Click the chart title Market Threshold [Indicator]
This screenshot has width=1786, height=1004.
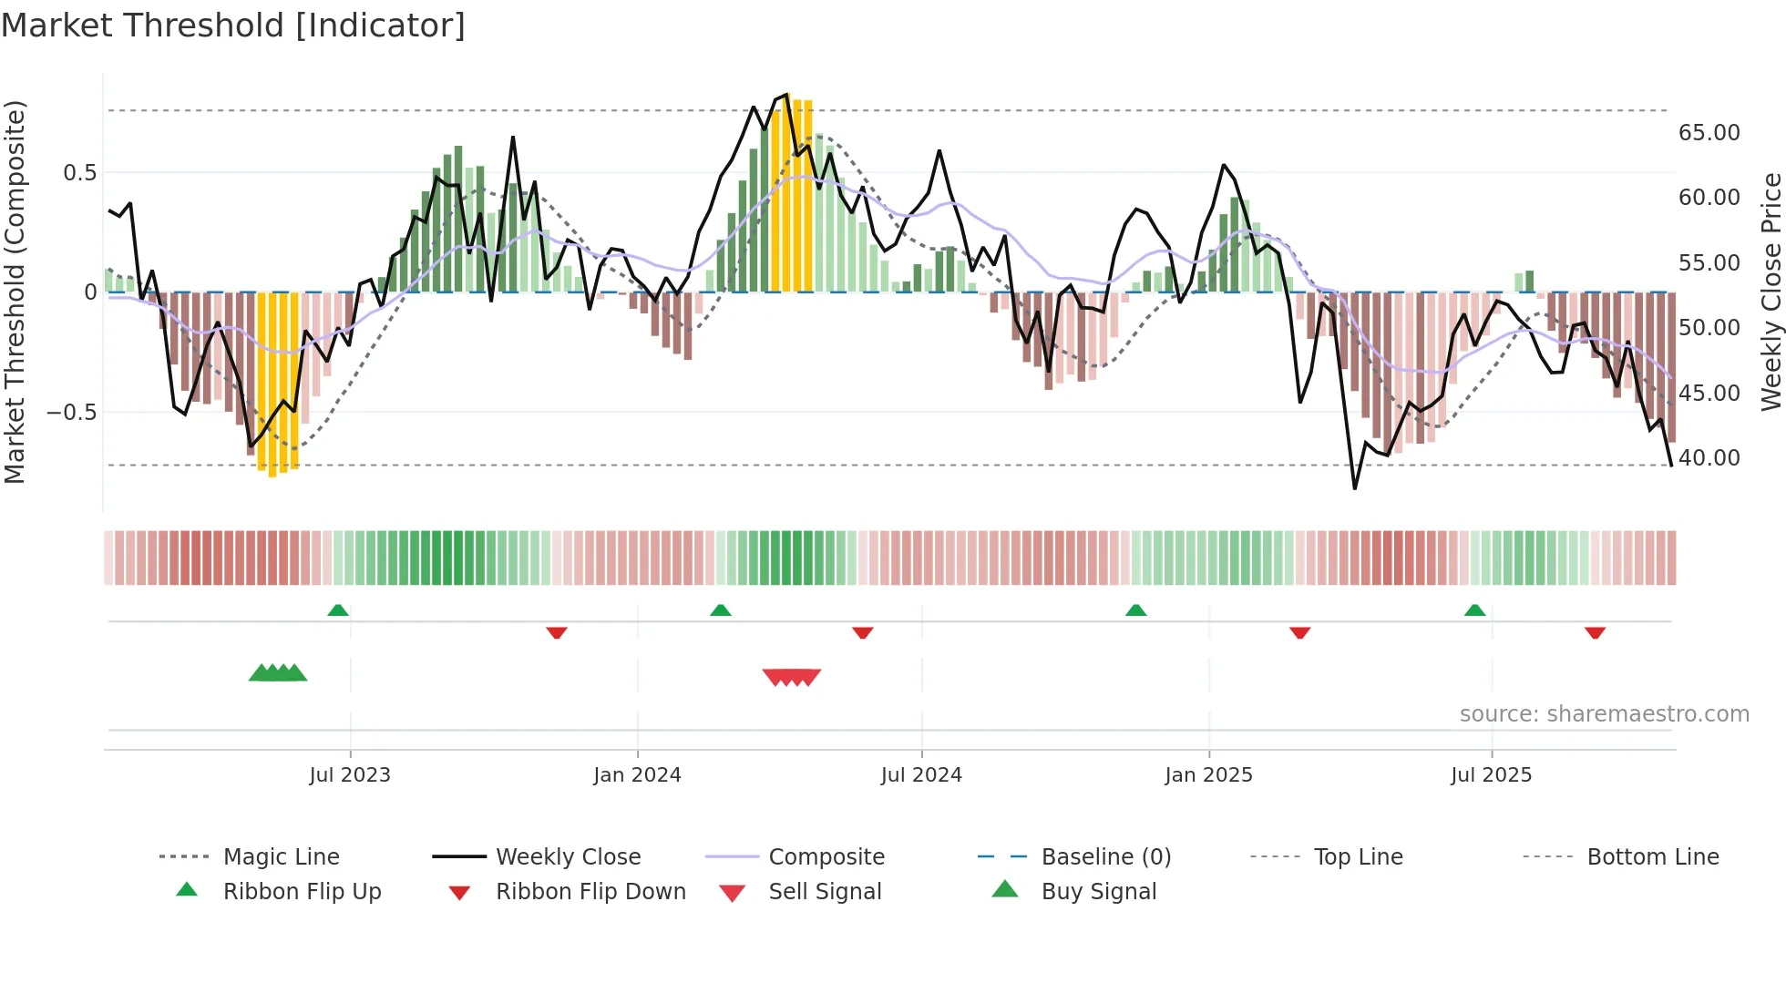tap(233, 26)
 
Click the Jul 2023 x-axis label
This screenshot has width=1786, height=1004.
tap(350, 775)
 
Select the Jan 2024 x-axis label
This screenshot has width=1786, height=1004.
tap(637, 775)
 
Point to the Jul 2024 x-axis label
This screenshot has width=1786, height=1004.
tap(921, 775)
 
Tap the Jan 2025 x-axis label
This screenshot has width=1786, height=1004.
tap(1208, 775)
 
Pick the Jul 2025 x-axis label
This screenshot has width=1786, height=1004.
tap(1492, 775)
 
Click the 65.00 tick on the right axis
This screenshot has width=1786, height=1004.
tap(1709, 133)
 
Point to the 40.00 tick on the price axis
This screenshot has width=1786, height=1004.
tap(1709, 458)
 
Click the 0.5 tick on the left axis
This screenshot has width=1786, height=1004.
tap(79, 173)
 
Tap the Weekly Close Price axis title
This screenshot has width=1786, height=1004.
tap(1771, 292)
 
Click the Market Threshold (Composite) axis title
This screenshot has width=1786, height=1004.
tap(15, 292)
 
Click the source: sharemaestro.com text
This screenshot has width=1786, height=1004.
tap(1604, 714)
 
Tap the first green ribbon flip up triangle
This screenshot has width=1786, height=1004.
tap(338, 610)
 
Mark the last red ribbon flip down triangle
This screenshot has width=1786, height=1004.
tap(1595, 632)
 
